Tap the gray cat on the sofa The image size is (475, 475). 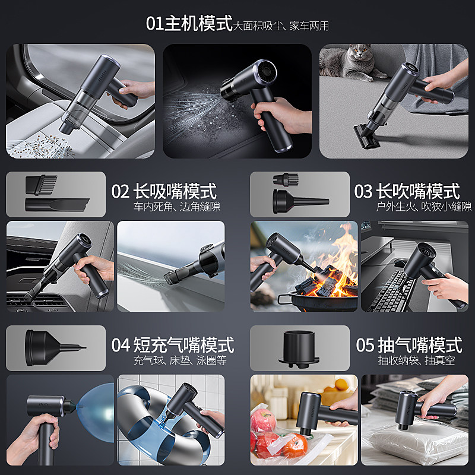coord(356,62)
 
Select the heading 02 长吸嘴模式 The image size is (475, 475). coord(164,191)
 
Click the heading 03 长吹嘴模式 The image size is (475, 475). coord(407,191)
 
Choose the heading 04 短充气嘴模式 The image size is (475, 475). coord(172,345)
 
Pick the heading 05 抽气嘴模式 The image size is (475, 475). coord(408,345)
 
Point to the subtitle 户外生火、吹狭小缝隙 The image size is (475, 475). coord(424,207)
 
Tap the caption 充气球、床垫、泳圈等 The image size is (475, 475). coord(180,360)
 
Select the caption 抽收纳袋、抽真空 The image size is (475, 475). coord(416,360)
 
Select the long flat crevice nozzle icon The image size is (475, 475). coord(56,205)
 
